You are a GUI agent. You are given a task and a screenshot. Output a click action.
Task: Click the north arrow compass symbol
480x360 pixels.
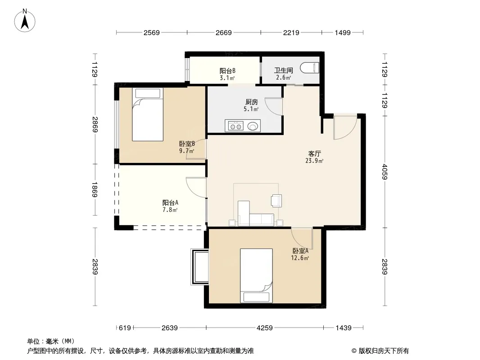(25, 21)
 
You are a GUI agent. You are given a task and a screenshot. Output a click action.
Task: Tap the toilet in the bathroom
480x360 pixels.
(309, 67)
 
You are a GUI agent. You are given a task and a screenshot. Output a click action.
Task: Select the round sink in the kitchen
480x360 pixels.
(253, 126)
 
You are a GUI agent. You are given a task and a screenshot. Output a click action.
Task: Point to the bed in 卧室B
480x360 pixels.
(148, 114)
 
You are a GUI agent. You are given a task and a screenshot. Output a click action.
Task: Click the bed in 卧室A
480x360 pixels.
(256, 275)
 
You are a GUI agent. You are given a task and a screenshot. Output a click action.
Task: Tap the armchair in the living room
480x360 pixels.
(276, 201)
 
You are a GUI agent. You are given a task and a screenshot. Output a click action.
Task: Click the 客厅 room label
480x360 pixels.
(314, 153)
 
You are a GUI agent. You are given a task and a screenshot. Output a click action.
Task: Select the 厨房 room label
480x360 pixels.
(252, 102)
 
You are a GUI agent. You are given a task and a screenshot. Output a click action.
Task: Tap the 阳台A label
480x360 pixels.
(170, 202)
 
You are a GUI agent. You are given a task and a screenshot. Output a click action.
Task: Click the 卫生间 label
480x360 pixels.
(284, 70)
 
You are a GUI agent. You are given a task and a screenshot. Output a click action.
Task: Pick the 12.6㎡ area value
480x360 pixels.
(300, 258)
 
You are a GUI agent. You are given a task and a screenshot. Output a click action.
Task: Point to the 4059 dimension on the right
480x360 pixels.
(385, 172)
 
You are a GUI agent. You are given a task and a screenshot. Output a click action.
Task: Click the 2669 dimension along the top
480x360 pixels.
(223, 32)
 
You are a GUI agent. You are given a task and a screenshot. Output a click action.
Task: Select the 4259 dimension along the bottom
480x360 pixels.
(264, 328)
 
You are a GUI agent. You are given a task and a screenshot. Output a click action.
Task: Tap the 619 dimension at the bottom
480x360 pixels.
(125, 328)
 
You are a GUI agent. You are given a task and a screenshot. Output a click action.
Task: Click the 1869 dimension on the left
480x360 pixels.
(95, 189)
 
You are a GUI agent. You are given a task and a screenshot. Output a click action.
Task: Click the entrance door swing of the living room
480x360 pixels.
(345, 127)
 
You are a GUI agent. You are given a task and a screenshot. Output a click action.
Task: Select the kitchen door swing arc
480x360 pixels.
(273, 107)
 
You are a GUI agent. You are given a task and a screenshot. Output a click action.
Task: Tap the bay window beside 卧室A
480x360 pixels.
(199, 267)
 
